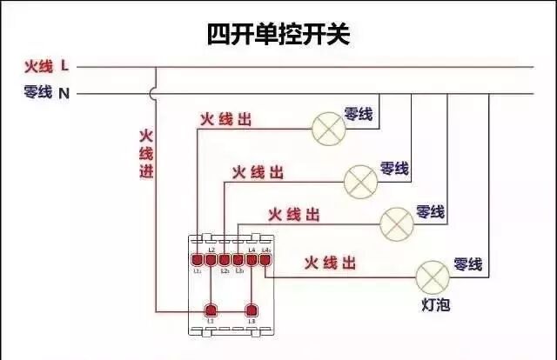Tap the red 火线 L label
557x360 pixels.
click(x=47, y=66)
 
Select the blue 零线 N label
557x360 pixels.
click(x=47, y=91)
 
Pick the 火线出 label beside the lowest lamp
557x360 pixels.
click(x=331, y=262)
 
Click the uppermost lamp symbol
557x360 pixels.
click(x=328, y=129)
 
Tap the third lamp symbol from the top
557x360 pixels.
click(x=396, y=223)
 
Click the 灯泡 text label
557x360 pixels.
click(x=432, y=306)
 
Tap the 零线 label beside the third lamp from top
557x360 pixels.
click(x=430, y=211)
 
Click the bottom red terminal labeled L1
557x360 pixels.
click(x=210, y=310)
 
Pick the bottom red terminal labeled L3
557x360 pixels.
click(x=252, y=310)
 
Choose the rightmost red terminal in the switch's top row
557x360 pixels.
click(x=265, y=259)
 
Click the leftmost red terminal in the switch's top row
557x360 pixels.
click(x=197, y=259)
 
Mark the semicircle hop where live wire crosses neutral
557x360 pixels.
click(x=155, y=91)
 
